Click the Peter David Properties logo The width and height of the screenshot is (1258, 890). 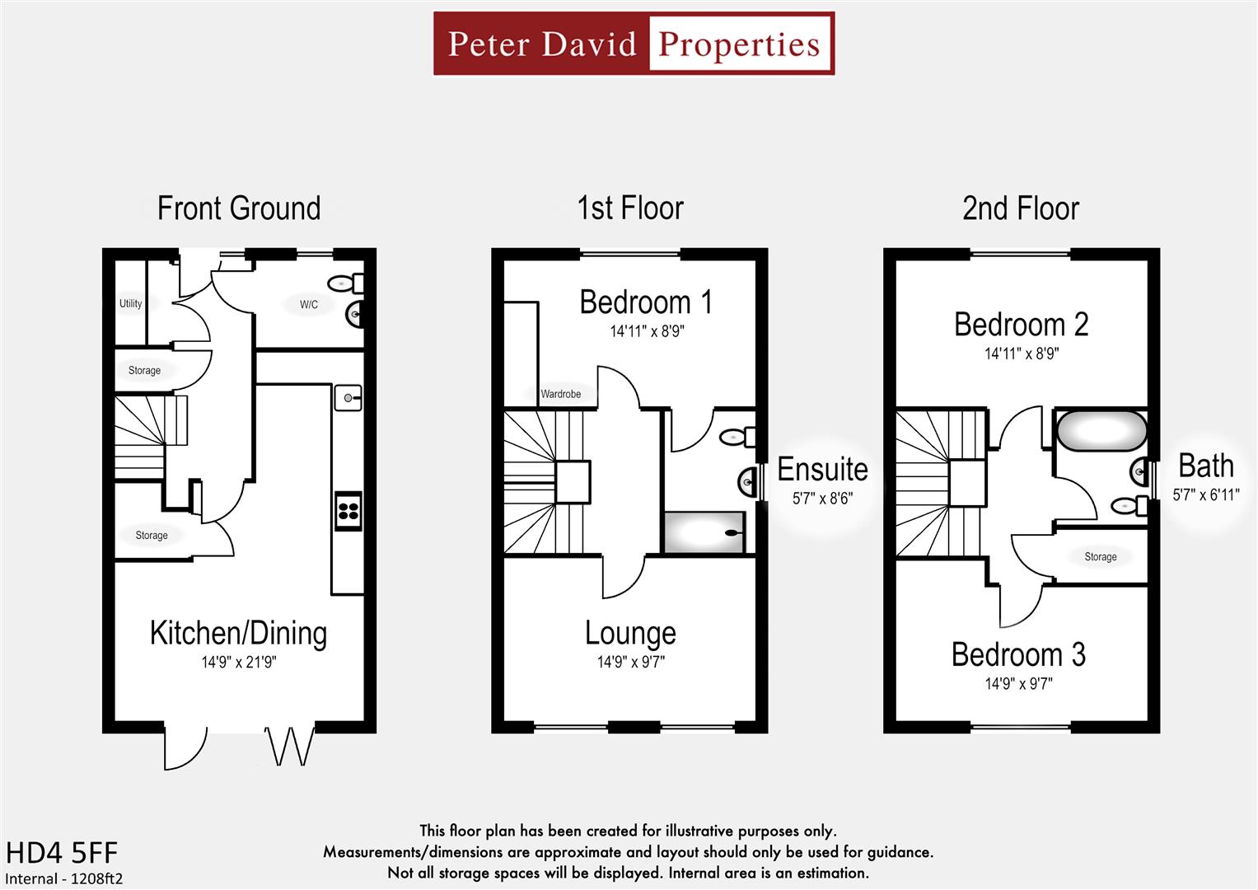pyautogui.click(x=634, y=44)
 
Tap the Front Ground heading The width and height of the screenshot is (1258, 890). pyautogui.click(x=239, y=208)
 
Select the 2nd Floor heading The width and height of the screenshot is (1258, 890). pyautogui.click(x=1020, y=208)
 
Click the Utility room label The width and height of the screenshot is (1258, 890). pyautogui.click(x=130, y=303)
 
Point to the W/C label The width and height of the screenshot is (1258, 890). pyautogui.click(x=309, y=305)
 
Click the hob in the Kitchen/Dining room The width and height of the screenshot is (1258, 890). pyautogui.click(x=348, y=509)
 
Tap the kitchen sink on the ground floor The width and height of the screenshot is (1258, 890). pyautogui.click(x=348, y=398)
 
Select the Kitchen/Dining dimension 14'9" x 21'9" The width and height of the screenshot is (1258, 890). pyautogui.click(x=239, y=662)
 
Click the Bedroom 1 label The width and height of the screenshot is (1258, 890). pyautogui.click(x=646, y=302)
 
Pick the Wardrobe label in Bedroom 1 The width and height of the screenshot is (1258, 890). pyautogui.click(x=560, y=394)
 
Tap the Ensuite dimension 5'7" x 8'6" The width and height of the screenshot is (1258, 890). pyautogui.click(x=822, y=499)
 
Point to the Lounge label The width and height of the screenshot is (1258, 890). pyautogui.click(x=630, y=633)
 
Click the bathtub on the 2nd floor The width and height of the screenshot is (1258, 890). pyautogui.click(x=1101, y=430)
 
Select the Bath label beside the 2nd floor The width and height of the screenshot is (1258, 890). pyautogui.click(x=1206, y=466)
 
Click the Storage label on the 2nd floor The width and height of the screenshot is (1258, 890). pyautogui.click(x=1101, y=557)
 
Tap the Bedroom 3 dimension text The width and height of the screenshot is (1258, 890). pyautogui.click(x=1018, y=683)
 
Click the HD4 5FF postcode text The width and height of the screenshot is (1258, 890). pyautogui.click(x=62, y=853)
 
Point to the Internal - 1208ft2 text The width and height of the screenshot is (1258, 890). pyautogui.click(x=64, y=878)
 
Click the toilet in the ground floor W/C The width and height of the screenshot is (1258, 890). pyautogui.click(x=346, y=283)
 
